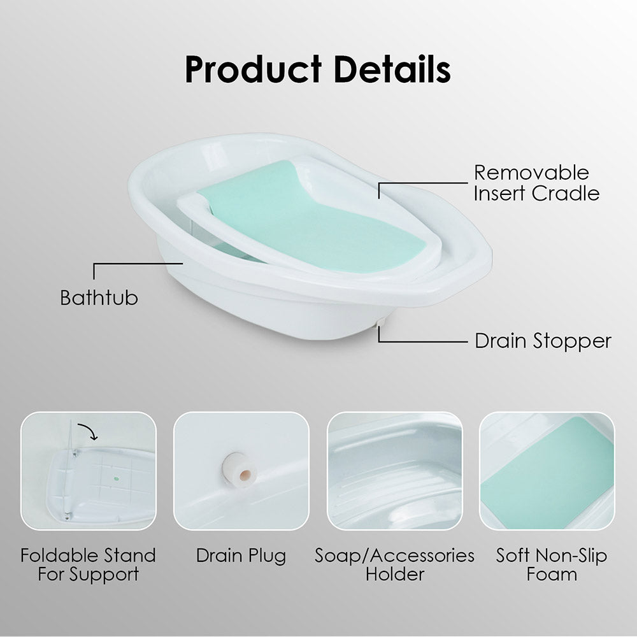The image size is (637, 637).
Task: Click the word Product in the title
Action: pos(253,69)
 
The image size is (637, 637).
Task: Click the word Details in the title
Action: pos(392,69)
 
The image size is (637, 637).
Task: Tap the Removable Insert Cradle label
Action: pos(536,183)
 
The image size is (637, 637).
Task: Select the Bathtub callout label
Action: pos(99,297)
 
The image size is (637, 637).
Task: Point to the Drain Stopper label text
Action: pos(543,341)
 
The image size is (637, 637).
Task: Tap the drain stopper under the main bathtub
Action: pos(381,322)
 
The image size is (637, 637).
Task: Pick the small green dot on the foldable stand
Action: pos(117,479)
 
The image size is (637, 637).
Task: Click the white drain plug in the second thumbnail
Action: pos(240,470)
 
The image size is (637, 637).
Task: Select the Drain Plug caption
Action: pos(241,555)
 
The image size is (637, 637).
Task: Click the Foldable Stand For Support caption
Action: pos(88,565)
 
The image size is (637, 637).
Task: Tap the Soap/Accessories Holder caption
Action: pos(394,565)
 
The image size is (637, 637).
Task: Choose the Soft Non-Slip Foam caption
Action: pos(552,565)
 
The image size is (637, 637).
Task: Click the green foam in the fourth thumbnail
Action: pos(547,473)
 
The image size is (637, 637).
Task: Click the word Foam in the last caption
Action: pos(552,575)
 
